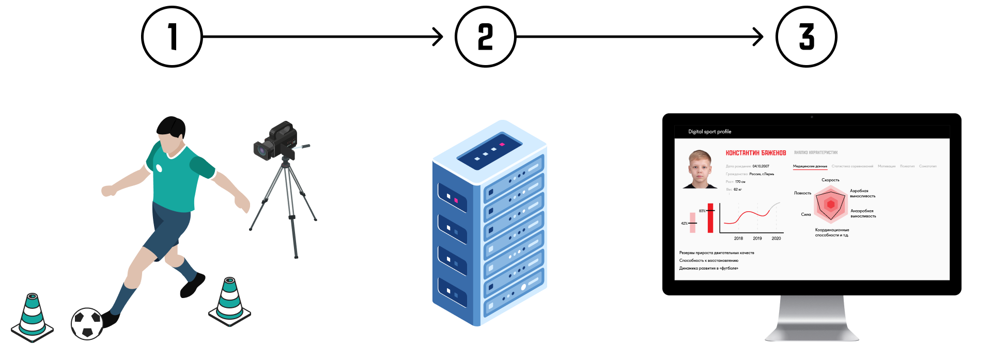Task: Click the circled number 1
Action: [172, 37]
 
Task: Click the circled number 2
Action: [485, 37]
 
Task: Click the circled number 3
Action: [806, 37]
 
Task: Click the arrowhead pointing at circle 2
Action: [439, 37]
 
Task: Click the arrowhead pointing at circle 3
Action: [759, 37]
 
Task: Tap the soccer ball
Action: [87, 324]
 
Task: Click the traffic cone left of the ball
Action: [32, 316]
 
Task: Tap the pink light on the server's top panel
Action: [501, 145]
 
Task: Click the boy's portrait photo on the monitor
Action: [700, 169]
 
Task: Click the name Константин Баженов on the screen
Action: [755, 153]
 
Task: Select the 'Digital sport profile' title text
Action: [709, 132]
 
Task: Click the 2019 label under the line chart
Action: [757, 239]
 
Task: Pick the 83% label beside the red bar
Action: [702, 211]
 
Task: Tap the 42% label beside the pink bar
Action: [684, 224]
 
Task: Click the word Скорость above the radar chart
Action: [830, 180]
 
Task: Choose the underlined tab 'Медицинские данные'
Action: [810, 166]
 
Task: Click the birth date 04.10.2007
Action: [761, 166]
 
